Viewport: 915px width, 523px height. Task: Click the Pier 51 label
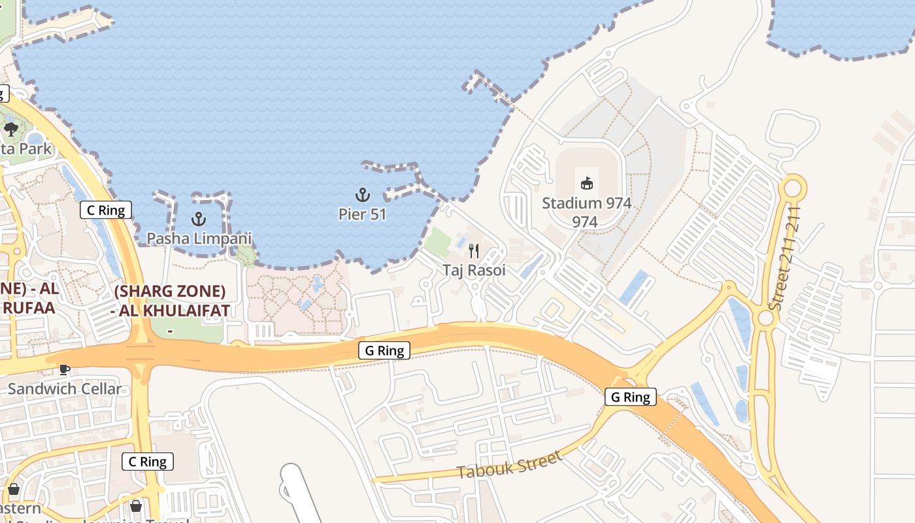(362, 214)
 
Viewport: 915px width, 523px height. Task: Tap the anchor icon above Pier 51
(362, 195)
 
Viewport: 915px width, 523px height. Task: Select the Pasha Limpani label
(199, 238)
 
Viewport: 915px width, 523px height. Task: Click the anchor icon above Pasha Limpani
(198, 219)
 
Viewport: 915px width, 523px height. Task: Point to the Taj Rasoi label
(474, 270)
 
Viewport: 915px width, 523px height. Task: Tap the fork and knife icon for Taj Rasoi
(474, 250)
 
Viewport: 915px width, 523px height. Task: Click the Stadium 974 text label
(586, 203)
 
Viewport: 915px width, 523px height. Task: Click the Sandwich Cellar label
(65, 389)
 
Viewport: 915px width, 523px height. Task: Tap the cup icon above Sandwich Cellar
(64, 369)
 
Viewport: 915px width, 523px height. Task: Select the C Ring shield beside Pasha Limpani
(106, 210)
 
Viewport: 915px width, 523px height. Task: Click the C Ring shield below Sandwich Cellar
(148, 462)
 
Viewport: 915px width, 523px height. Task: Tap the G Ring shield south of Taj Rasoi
(384, 350)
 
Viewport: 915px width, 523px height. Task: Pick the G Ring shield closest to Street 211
(630, 397)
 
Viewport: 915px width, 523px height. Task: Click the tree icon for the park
(10, 129)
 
